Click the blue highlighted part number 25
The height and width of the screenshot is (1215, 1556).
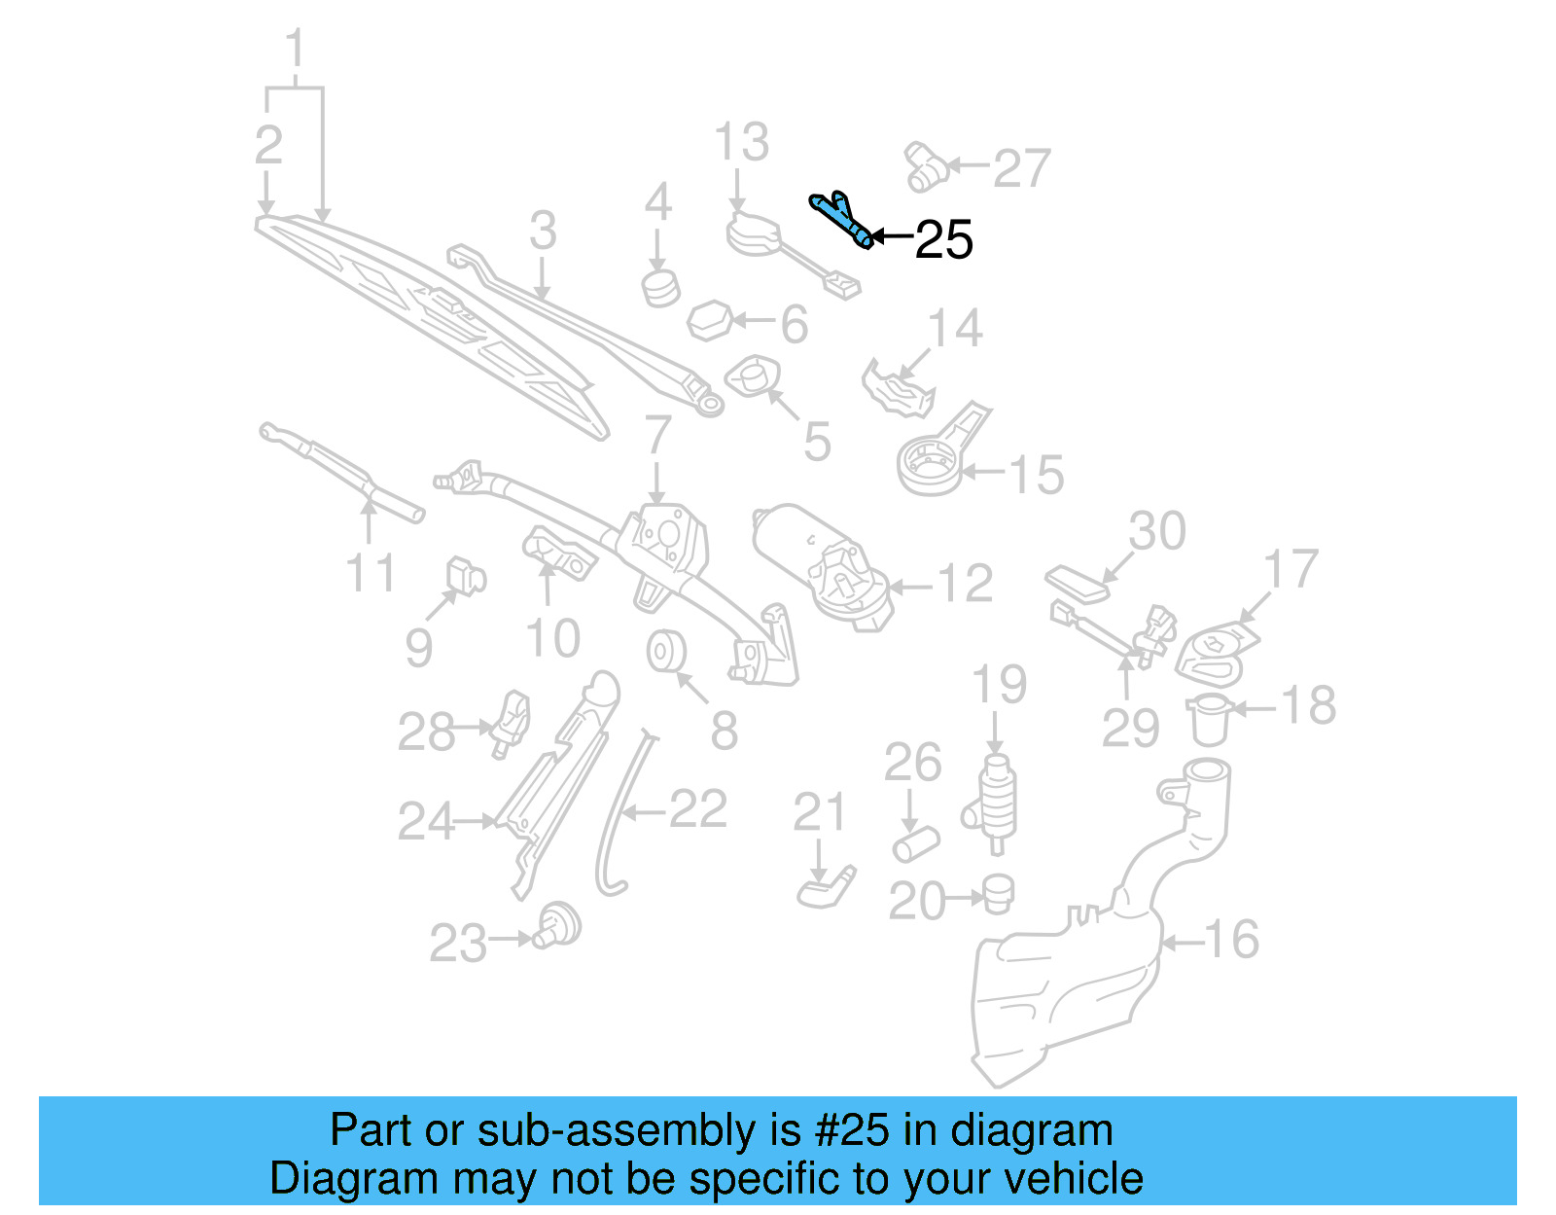tap(840, 220)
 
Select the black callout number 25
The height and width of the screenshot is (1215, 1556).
tap(943, 239)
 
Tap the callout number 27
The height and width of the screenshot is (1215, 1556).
tap(1021, 168)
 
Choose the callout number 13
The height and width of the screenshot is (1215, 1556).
tap(741, 143)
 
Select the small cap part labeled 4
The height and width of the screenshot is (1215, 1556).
tap(660, 288)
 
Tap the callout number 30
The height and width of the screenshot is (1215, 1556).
tap(1156, 531)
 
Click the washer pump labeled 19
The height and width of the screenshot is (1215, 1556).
tap(995, 803)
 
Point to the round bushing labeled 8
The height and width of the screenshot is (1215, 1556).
tap(667, 652)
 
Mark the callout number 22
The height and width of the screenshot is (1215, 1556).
tap(697, 809)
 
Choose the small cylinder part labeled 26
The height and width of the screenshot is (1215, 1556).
tap(915, 842)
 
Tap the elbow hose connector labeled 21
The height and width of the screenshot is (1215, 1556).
tap(826, 887)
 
